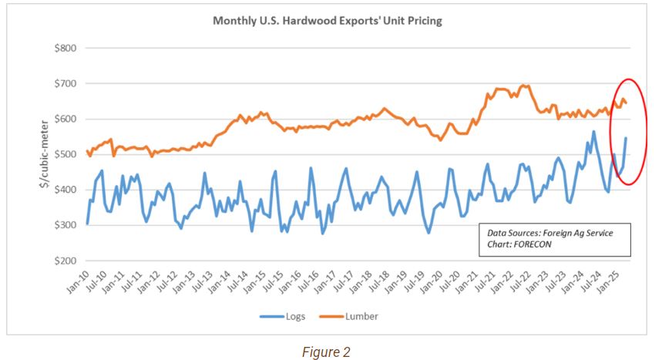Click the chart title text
pos(328,21)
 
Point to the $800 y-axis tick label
pos(65,48)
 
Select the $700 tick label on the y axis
pos(65,83)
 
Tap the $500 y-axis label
pos(65,154)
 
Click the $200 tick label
pos(65,261)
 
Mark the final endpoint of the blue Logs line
pos(626,138)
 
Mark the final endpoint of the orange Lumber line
pos(626,102)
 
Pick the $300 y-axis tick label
pos(65,225)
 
